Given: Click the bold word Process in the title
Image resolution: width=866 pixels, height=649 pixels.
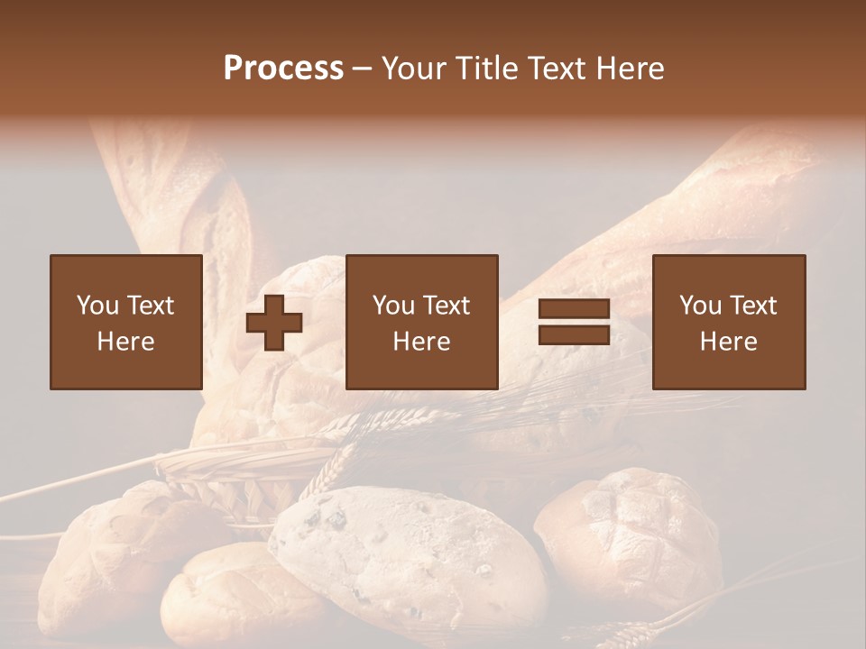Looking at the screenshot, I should (283, 69).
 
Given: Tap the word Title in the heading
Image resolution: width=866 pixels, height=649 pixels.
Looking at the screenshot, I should (487, 69).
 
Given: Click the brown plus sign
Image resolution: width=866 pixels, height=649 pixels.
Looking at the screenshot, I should (274, 323).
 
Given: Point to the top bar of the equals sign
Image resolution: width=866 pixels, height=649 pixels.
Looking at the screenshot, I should (574, 309).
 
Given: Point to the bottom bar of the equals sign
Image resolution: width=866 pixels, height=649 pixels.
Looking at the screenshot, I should (574, 334).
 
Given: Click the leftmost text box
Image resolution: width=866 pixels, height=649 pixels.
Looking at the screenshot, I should (125, 322).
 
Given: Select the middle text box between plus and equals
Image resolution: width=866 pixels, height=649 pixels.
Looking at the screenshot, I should (421, 322).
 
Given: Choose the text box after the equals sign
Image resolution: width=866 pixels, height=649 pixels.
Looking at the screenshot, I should (728, 322).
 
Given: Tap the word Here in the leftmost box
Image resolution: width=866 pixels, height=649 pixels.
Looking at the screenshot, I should (125, 342).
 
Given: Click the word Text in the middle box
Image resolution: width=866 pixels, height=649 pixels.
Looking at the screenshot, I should (446, 306).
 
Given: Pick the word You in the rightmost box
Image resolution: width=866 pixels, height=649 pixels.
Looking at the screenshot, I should (701, 306).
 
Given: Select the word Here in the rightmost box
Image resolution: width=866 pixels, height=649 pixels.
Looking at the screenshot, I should (728, 342).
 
